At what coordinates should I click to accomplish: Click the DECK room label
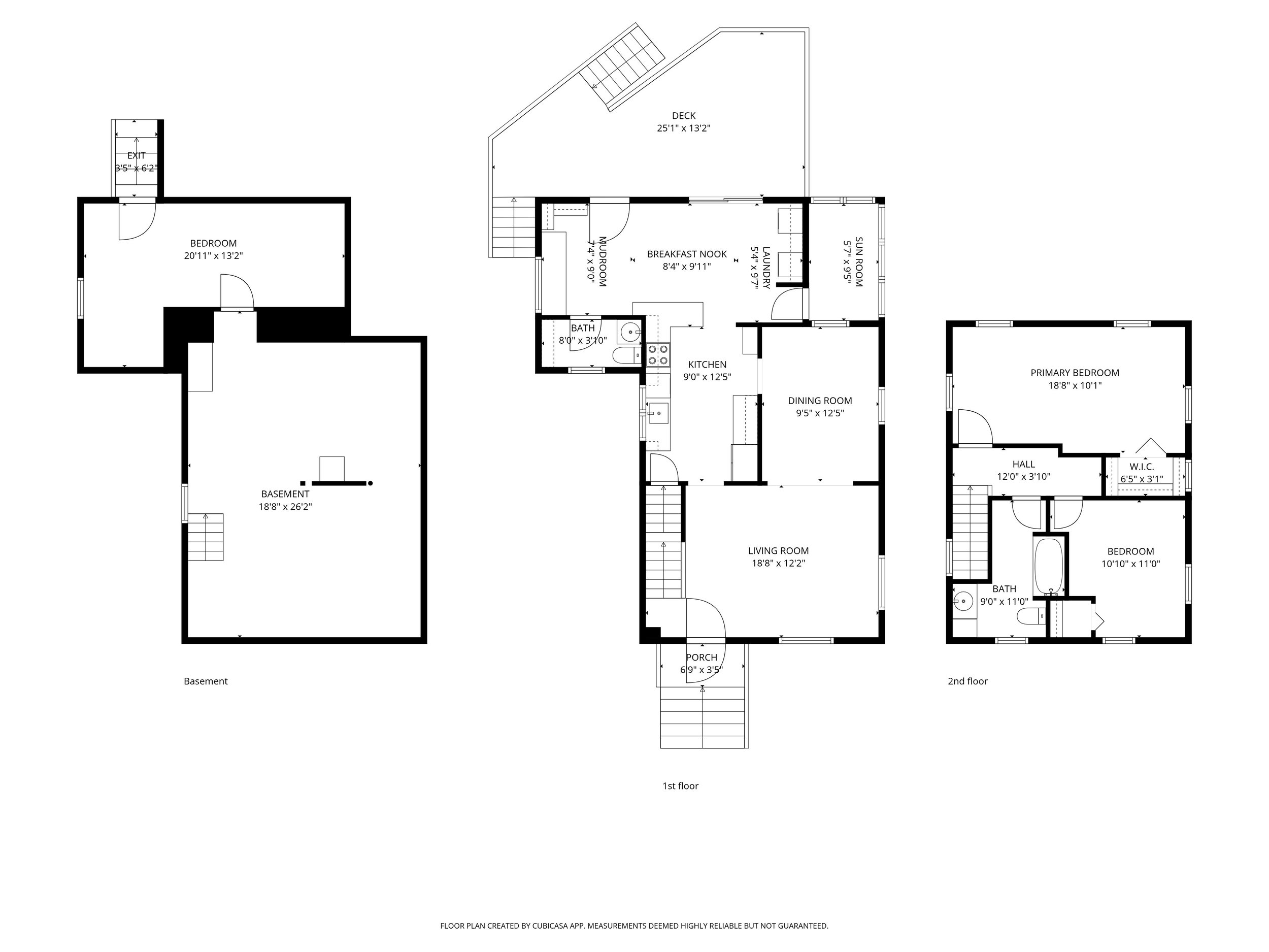(683, 116)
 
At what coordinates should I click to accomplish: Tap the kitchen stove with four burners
(658, 354)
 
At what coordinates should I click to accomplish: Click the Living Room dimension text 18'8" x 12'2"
(778, 564)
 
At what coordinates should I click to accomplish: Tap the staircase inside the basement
(206, 537)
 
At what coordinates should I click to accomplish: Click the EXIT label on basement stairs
(136, 155)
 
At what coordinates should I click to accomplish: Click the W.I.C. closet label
(1141, 467)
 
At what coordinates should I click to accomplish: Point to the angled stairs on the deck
(622, 66)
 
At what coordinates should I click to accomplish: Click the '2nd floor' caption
(967, 681)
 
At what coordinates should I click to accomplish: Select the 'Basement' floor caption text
(206, 681)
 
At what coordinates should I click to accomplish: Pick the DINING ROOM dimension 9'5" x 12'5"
(819, 413)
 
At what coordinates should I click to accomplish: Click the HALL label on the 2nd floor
(1023, 464)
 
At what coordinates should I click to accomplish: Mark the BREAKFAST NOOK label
(687, 254)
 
